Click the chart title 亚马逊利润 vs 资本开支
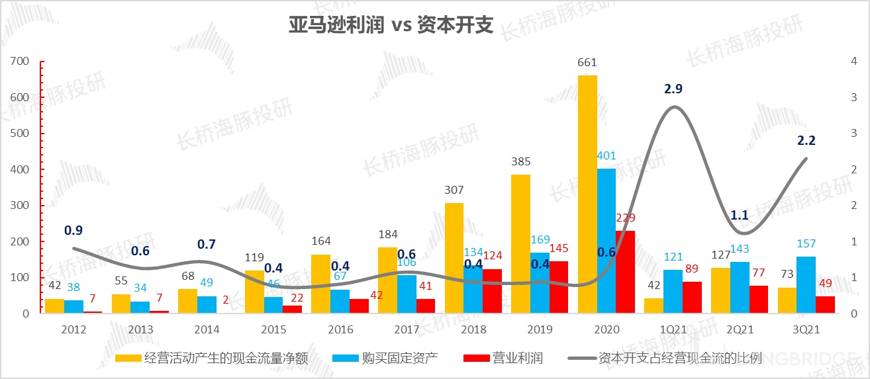point(391,25)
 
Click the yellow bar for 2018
point(454,258)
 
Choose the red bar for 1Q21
point(692,297)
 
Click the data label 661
point(587,63)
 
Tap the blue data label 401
point(606,157)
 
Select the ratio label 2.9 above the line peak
point(673,89)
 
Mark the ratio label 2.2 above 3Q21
point(806,140)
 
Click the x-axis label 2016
point(340,329)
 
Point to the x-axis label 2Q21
point(740,329)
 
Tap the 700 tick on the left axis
point(21,62)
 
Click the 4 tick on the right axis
point(853,62)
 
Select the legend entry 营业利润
point(517,358)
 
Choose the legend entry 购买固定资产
point(400,358)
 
